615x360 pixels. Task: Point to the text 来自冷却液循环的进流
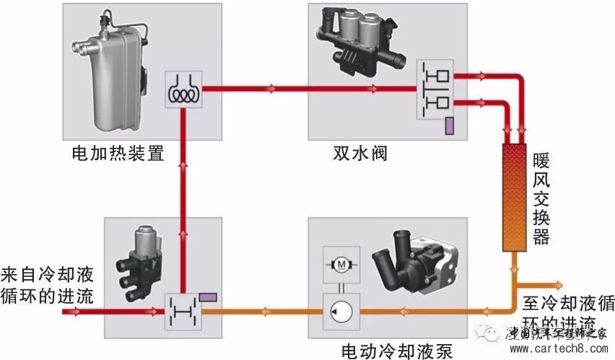[48, 285]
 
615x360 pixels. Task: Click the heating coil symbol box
[184, 90]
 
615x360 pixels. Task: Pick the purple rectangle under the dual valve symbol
[449, 125]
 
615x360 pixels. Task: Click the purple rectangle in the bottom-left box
[209, 297]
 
